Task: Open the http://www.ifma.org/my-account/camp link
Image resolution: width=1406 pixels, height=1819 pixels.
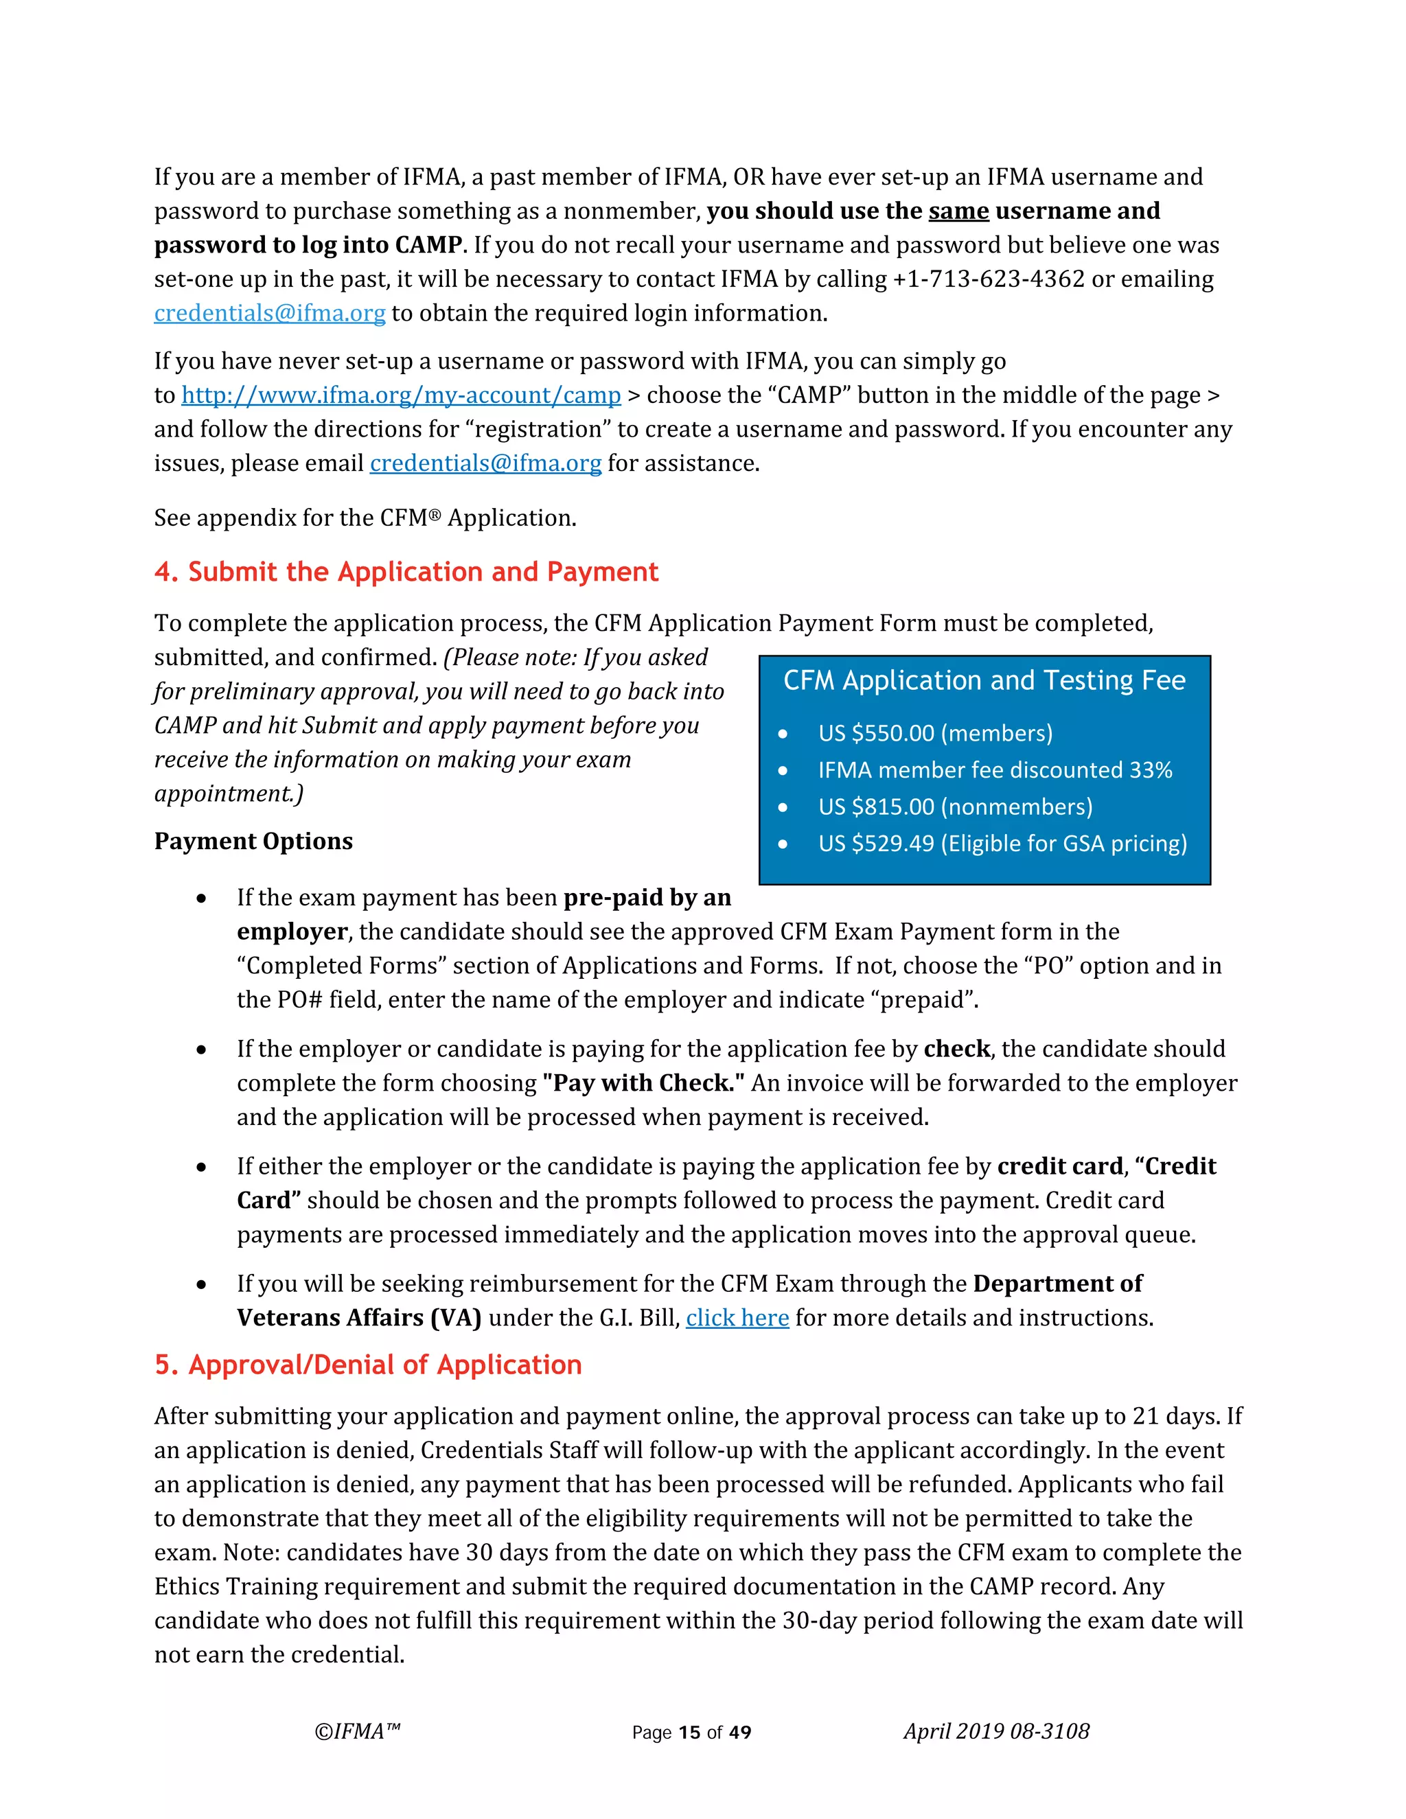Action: point(401,395)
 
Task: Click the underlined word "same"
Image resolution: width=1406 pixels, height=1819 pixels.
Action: point(958,211)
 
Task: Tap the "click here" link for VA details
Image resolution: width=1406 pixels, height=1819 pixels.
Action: point(737,1318)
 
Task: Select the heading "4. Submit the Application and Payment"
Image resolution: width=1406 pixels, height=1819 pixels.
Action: point(406,572)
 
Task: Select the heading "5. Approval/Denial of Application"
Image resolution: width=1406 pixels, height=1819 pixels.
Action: point(367,1365)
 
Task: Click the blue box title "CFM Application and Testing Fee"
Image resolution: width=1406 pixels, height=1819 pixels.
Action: point(984,680)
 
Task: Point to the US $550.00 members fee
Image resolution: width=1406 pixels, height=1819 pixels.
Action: point(934,733)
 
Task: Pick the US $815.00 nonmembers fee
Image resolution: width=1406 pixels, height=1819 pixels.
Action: point(954,807)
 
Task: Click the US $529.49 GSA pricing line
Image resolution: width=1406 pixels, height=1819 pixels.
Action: point(1002,844)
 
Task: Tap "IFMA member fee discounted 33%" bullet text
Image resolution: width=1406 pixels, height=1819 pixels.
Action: point(995,770)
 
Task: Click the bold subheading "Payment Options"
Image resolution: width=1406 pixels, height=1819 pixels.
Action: point(253,842)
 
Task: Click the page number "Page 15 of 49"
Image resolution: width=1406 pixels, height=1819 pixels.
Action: point(691,1733)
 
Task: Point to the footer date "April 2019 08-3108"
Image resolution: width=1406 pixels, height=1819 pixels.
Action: point(996,1732)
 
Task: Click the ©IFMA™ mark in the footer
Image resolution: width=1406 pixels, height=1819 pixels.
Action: point(357,1732)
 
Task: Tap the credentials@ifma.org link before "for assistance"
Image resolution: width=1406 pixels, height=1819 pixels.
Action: point(485,464)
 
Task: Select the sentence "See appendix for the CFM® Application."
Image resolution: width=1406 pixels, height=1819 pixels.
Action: point(365,518)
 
